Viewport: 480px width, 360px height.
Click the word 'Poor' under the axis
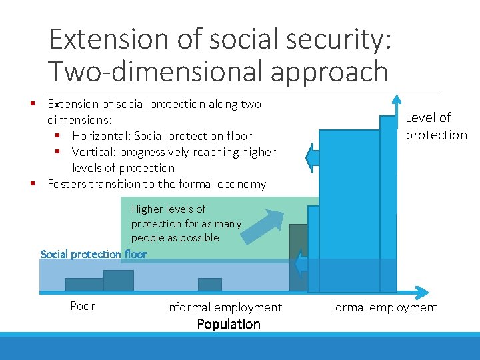83,306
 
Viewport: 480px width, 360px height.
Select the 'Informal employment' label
223,307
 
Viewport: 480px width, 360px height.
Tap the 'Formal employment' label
383,307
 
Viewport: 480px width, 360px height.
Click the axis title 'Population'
229,324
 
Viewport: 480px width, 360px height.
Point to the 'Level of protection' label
436,126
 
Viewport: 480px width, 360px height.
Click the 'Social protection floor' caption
93,254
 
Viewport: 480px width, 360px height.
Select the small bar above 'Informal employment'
209,285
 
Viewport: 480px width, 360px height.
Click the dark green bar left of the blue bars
297,257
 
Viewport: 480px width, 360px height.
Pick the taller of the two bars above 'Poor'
118,281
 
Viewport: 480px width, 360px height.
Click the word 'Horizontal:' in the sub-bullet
102,136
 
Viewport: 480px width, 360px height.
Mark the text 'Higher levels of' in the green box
169,209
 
